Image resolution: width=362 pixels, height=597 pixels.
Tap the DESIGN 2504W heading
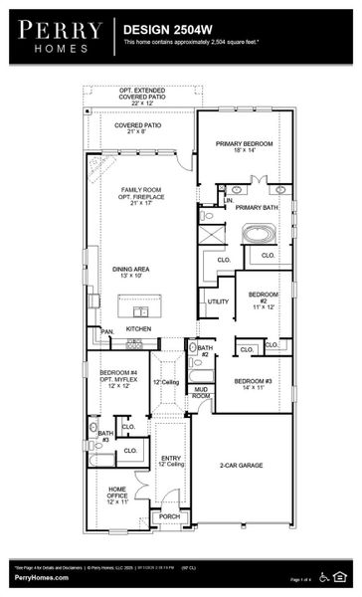164,31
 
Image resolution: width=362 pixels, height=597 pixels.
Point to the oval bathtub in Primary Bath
262,235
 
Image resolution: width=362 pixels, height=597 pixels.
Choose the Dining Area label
131,272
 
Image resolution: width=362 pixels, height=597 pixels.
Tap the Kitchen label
138,328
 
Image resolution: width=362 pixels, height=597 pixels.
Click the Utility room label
218,300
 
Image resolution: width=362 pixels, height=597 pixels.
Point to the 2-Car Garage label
243,465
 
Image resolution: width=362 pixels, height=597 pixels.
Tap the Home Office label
117,496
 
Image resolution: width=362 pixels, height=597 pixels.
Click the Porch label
170,516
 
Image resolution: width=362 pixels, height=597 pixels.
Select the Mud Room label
202,392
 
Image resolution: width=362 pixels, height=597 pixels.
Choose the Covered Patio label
138,129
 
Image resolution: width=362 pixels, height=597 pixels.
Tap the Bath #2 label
204,350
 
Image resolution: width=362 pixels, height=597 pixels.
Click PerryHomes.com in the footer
41,578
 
